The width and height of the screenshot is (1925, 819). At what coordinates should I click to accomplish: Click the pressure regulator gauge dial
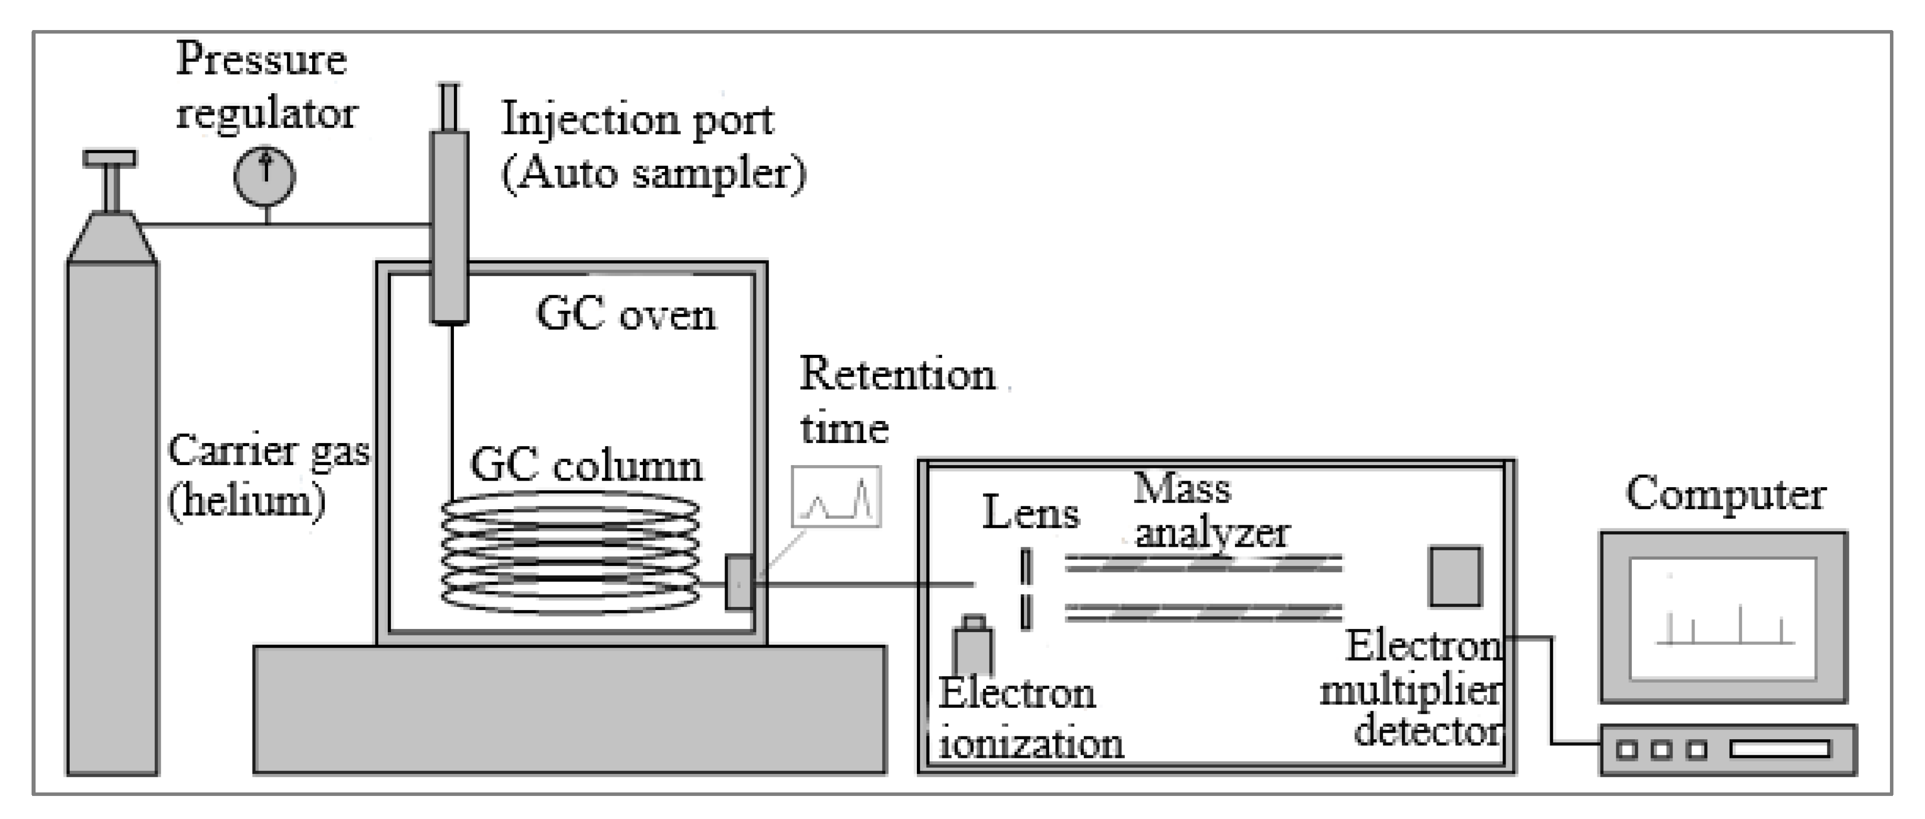(x=265, y=176)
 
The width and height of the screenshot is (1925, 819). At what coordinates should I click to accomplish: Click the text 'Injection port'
(x=637, y=120)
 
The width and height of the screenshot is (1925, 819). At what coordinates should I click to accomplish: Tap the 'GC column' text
(x=587, y=466)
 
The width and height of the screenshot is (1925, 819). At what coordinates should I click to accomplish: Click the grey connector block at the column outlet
(x=739, y=582)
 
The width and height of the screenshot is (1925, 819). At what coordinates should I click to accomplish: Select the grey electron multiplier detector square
(x=1455, y=576)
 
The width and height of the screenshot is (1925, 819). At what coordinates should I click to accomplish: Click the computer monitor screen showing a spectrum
(x=1723, y=618)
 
